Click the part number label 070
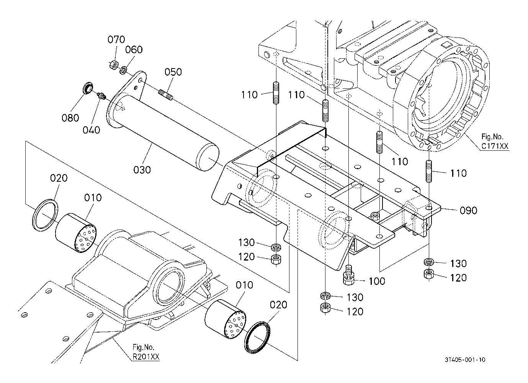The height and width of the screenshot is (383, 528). [x=116, y=39]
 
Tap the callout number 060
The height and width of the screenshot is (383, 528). [x=134, y=50]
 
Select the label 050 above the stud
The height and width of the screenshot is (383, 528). [x=173, y=72]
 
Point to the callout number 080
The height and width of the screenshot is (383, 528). [x=70, y=117]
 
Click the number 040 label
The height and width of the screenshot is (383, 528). [x=91, y=130]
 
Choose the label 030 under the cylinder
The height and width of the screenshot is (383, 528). [x=142, y=169]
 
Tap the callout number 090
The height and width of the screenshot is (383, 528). [x=468, y=210]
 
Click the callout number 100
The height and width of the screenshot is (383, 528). [x=377, y=281]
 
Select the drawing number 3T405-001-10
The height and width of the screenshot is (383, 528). [x=465, y=360]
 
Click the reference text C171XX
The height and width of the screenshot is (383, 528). [x=495, y=146]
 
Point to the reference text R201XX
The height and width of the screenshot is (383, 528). [x=146, y=357]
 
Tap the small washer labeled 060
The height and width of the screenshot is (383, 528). [x=123, y=70]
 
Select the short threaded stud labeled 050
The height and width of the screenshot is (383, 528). [x=166, y=94]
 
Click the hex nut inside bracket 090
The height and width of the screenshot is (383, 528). [x=375, y=216]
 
